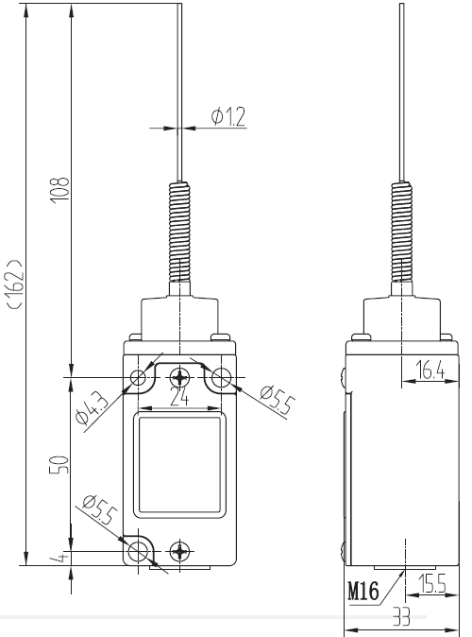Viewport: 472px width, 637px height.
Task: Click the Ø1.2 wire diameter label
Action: click(228, 116)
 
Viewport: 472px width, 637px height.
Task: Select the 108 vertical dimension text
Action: click(59, 190)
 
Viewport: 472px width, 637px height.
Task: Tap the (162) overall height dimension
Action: click(17, 284)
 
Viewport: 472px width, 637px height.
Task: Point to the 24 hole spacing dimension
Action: click(179, 396)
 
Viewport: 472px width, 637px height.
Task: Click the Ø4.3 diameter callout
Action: click(93, 407)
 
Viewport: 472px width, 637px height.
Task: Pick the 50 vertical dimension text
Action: click(59, 465)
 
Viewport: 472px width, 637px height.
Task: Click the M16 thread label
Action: click(363, 591)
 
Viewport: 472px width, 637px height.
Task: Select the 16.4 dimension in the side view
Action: click(430, 370)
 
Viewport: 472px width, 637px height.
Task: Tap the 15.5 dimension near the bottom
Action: click(432, 584)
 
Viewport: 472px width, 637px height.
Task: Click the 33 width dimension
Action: click(401, 617)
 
